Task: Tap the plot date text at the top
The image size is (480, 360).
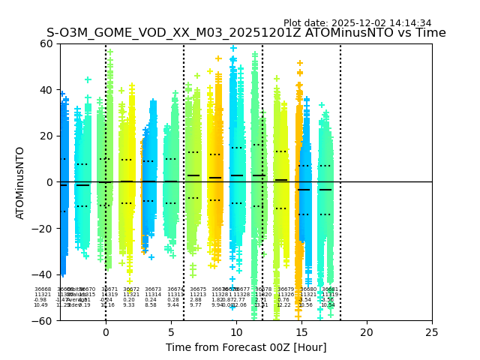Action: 357,23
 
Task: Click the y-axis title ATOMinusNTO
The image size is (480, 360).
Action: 20,182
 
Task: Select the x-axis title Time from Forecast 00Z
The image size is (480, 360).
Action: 246,347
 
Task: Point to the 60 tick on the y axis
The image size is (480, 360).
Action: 46,43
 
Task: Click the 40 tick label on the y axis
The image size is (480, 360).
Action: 46,90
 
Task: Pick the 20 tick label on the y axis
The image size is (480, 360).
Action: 46,136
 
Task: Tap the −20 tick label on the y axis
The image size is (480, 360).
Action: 43,228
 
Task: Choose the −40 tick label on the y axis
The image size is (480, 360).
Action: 43,274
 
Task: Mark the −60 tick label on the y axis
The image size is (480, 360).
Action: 43,320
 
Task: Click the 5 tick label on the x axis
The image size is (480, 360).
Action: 171,331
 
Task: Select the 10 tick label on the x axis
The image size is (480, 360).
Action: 236,331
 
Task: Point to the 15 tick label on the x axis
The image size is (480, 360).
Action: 301,331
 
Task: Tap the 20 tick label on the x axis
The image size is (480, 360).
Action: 367,331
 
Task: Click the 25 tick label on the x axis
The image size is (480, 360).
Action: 432,331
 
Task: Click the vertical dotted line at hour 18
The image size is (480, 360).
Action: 340,150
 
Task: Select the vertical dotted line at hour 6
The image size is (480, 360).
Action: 184,150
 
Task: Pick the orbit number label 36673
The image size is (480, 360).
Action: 153,289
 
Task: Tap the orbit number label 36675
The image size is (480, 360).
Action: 198,289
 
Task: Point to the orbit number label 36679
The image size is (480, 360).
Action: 286,289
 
